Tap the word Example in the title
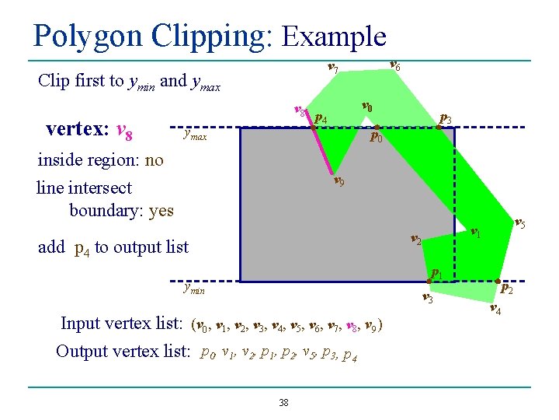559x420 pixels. (x=335, y=37)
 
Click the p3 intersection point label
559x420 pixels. (x=445, y=119)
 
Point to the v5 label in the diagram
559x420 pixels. (x=520, y=223)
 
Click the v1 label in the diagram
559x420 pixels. (x=476, y=232)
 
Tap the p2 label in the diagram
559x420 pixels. (x=506, y=289)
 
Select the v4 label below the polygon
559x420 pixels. (x=495, y=309)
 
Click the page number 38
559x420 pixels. (x=283, y=402)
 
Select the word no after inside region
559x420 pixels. (x=154, y=160)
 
